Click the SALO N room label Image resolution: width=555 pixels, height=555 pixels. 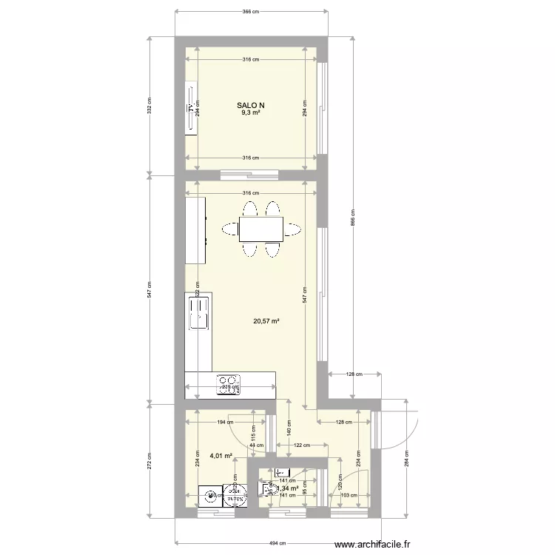click(x=250, y=105)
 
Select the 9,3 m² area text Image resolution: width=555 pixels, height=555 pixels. click(x=250, y=113)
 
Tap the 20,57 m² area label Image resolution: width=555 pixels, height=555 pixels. click(x=266, y=321)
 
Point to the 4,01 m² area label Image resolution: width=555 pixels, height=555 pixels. click(x=221, y=456)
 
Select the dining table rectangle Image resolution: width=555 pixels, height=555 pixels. click(x=260, y=229)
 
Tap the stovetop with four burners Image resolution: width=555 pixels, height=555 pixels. click(x=229, y=383)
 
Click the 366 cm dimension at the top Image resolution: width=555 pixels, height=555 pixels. click(x=252, y=12)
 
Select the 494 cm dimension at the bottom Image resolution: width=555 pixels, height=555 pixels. click(x=277, y=543)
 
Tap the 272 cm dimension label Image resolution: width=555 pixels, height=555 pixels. click(x=149, y=462)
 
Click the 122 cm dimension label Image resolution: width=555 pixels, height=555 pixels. click(x=302, y=445)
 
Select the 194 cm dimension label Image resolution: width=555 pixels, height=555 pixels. click(x=221, y=423)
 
